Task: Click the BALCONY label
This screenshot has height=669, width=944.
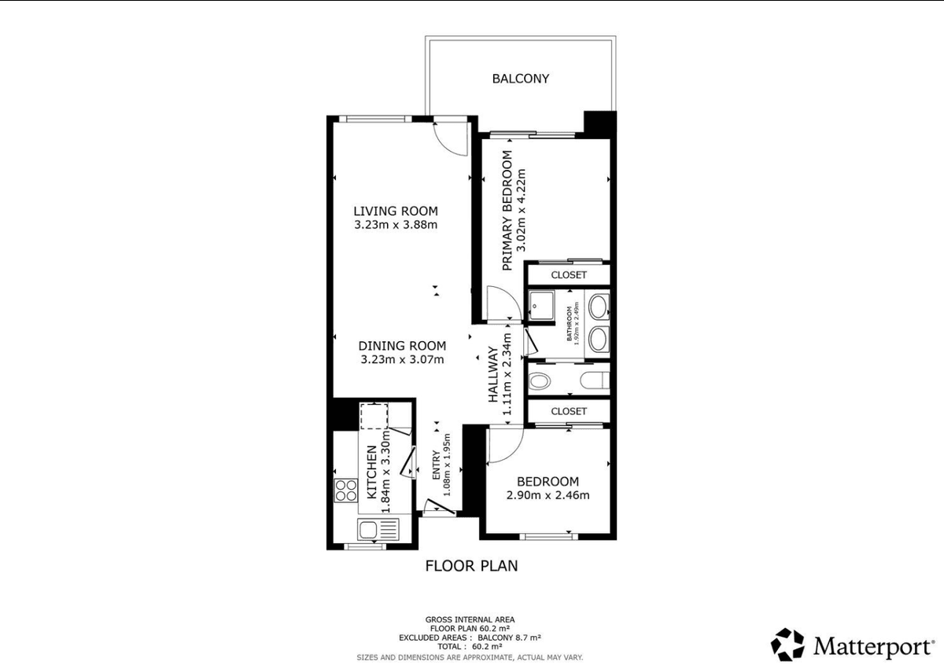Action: [x=521, y=79]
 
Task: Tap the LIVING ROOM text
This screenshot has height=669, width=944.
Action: [x=396, y=211]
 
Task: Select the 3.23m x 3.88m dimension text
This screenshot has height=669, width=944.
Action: [x=396, y=225]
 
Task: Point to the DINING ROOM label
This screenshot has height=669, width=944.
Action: [x=402, y=346]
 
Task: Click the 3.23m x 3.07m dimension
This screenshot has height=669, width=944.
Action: [x=402, y=359]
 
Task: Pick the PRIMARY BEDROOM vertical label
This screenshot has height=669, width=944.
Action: [x=507, y=211]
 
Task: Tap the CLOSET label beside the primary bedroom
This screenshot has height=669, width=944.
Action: [x=569, y=275]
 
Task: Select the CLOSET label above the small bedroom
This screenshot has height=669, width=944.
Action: [x=569, y=411]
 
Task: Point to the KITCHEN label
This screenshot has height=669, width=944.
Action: [x=371, y=472]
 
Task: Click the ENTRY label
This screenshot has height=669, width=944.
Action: [x=436, y=465]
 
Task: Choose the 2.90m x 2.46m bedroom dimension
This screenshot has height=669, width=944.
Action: [x=548, y=495]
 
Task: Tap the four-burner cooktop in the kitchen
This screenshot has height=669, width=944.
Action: [x=346, y=491]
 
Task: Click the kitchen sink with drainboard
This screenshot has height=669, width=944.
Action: [x=378, y=529]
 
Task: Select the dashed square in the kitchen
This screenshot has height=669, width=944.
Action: [x=374, y=417]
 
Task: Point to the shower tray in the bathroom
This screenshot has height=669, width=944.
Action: [x=541, y=305]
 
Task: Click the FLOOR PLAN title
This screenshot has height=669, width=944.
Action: [x=471, y=566]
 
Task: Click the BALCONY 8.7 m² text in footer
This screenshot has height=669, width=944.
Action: [x=510, y=638]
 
